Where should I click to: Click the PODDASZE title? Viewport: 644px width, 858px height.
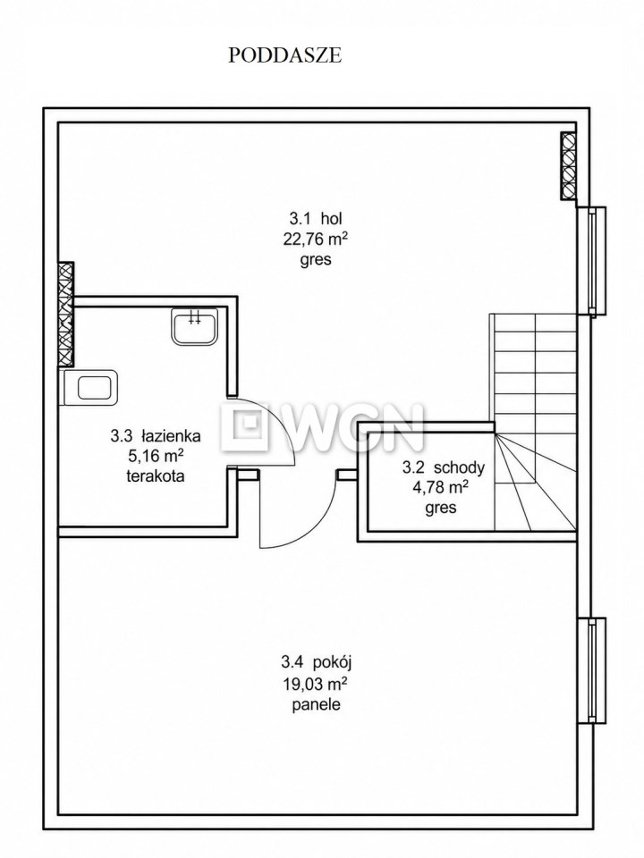coord(284,55)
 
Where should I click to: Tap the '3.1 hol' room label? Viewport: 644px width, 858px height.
coord(316,219)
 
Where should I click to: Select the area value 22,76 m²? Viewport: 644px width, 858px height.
coord(316,239)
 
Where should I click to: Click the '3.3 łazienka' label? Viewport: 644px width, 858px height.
coord(156,436)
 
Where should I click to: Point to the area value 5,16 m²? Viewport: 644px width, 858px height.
coord(156,456)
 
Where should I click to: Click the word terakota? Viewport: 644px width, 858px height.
coord(156,476)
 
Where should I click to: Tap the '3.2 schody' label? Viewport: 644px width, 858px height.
coord(443,467)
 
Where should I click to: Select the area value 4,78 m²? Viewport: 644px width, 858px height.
coord(440,487)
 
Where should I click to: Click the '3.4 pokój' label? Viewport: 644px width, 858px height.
coord(316,662)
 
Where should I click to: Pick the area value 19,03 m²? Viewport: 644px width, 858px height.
coord(316,684)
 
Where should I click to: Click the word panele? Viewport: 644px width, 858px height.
coord(316,704)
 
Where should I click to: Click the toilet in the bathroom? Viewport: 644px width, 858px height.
coord(90,387)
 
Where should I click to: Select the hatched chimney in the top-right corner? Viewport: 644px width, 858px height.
coord(569,164)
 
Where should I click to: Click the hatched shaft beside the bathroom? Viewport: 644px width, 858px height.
coord(65,314)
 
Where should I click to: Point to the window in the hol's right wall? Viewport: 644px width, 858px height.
coord(592,262)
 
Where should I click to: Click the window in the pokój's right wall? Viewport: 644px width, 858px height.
coord(592,671)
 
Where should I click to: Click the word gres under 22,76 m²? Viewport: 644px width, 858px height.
coord(316,259)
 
